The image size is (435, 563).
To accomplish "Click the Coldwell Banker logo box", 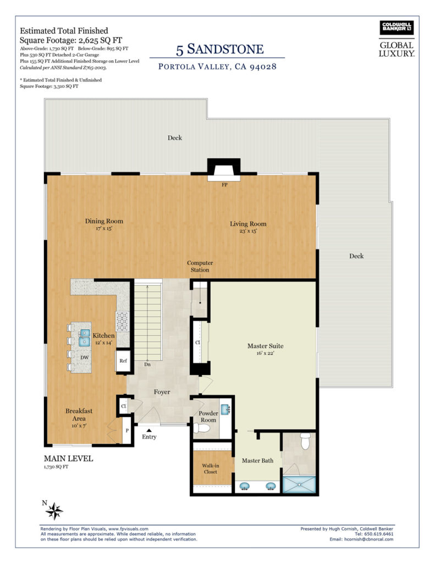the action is pyautogui.click(x=397, y=27).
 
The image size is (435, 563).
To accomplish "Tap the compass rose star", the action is pyautogui.click(x=54, y=511).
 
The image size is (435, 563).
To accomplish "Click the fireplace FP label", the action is pyautogui.click(x=224, y=185).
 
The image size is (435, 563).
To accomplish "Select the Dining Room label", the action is pyautogui.click(x=104, y=221).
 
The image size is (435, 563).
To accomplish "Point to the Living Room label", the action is pyautogui.click(x=248, y=224).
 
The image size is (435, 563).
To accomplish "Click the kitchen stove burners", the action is pyautogui.click(x=122, y=321).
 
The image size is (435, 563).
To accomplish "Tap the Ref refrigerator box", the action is pyautogui.click(x=123, y=361).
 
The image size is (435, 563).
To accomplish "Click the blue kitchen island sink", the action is pyautogui.click(x=84, y=338).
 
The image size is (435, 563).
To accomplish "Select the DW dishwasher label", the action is pyautogui.click(x=84, y=357).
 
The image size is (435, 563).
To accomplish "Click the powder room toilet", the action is pyautogui.click(x=201, y=428).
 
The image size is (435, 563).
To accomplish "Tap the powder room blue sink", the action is pyautogui.click(x=225, y=409).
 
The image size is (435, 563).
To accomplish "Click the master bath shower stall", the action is pyautogui.click(x=299, y=484).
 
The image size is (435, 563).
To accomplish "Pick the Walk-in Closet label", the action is pyautogui.click(x=211, y=468).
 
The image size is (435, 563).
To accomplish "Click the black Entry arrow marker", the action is pyautogui.click(x=148, y=429).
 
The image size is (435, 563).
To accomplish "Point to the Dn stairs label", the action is pyautogui.click(x=147, y=365).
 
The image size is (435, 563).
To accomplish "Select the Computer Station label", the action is pyautogui.click(x=200, y=267).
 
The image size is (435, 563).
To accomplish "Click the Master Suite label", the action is pyautogui.click(x=266, y=346).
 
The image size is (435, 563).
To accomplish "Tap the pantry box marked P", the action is pyautogui.click(x=127, y=430).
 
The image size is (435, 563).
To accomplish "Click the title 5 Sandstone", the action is pyautogui.click(x=220, y=49).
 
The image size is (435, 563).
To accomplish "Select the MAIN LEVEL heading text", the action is pyautogui.click(x=68, y=459).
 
